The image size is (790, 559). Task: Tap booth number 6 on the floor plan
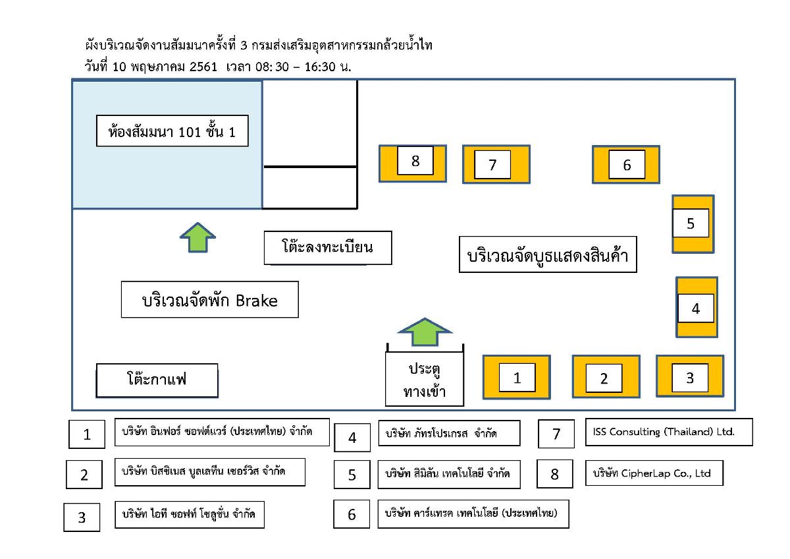(x=626, y=164)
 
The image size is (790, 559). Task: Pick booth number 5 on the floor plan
(x=691, y=223)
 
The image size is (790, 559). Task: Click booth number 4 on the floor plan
(x=696, y=308)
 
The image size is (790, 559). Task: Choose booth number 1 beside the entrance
(x=517, y=377)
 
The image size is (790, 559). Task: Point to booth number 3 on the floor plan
(x=689, y=377)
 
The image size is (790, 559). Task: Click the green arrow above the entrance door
(x=425, y=332)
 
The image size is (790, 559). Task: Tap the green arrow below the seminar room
(x=198, y=237)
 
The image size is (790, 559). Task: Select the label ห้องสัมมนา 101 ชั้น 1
(x=172, y=132)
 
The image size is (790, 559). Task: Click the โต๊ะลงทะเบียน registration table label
(x=327, y=248)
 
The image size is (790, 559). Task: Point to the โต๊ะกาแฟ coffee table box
(x=157, y=380)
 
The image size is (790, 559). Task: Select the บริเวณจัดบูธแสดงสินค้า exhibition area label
(x=548, y=254)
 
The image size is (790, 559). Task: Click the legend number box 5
(x=352, y=475)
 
